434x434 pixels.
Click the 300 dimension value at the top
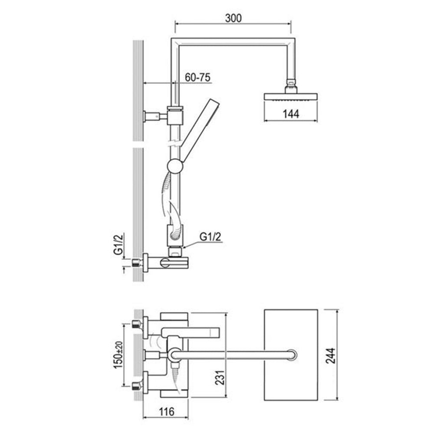tap(233, 18)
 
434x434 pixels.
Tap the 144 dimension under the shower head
tap(291, 114)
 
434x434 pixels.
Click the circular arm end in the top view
tap(293, 355)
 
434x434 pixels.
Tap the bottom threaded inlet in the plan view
tap(137, 384)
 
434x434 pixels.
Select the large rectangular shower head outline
tap(291, 355)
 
